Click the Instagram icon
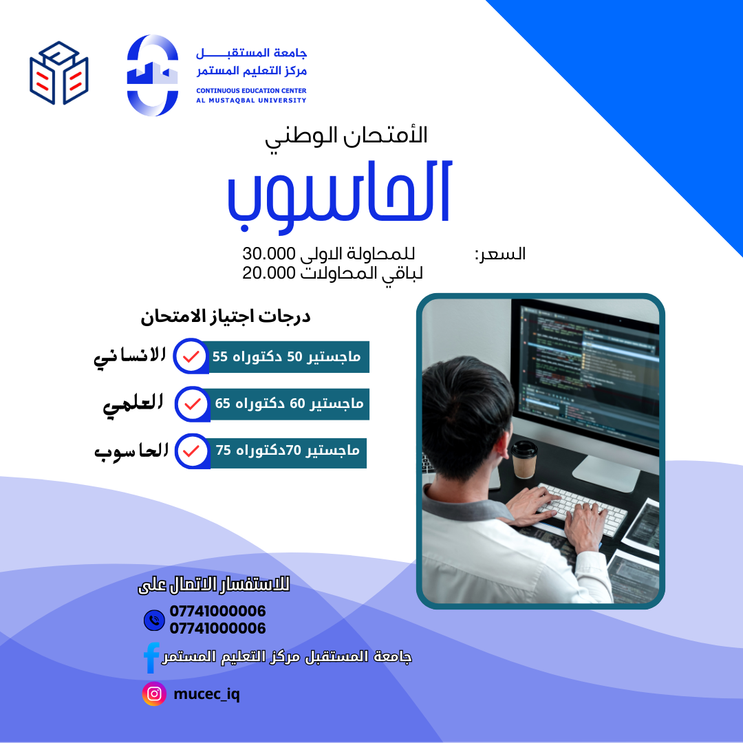[154, 693]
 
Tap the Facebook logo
[151, 658]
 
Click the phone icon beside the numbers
[154, 620]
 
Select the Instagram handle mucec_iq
[206, 695]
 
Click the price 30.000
[269, 253]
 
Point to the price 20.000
[269, 273]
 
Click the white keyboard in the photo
[583, 508]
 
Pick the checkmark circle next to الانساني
[191, 356]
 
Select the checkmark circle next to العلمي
[193, 405]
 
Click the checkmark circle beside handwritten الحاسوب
[192, 451]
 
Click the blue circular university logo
[153, 75]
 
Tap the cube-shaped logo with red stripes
[58, 72]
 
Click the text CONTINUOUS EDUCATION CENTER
[251, 91]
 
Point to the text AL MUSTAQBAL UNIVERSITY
[251, 100]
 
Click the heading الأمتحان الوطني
[346, 137]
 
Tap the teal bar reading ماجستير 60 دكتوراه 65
[289, 404]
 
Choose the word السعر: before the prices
[500, 254]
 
